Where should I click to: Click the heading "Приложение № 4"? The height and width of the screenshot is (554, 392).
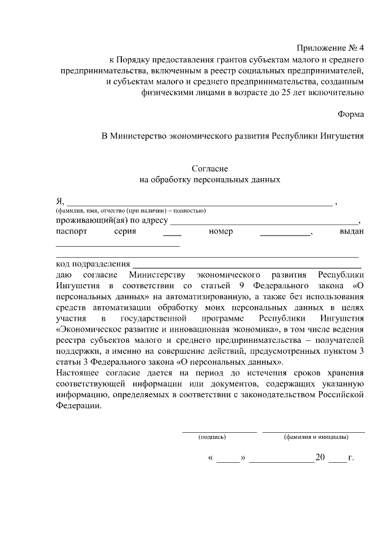(330, 47)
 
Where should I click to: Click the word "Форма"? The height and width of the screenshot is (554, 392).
(350, 114)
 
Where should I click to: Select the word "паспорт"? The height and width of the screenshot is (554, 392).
(72, 232)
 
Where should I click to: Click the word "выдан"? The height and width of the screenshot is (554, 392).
(352, 232)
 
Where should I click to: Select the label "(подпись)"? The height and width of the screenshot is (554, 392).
(213, 437)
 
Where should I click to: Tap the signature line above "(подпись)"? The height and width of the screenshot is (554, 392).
(219, 432)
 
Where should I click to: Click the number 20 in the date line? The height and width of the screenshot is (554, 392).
(320, 457)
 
